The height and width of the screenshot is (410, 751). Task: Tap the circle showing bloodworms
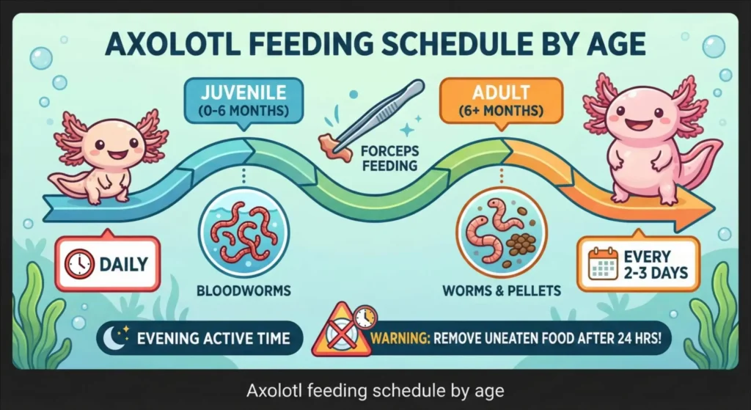[x=243, y=231]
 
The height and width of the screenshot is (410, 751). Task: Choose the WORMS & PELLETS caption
[x=502, y=291]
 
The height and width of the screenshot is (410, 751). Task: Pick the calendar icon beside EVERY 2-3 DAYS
[x=604, y=265]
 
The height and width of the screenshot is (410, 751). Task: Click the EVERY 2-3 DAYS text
[x=654, y=265]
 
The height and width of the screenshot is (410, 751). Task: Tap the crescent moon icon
[x=116, y=338]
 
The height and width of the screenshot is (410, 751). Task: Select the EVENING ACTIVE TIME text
[x=213, y=339]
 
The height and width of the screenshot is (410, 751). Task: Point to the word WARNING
[x=401, y=339]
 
